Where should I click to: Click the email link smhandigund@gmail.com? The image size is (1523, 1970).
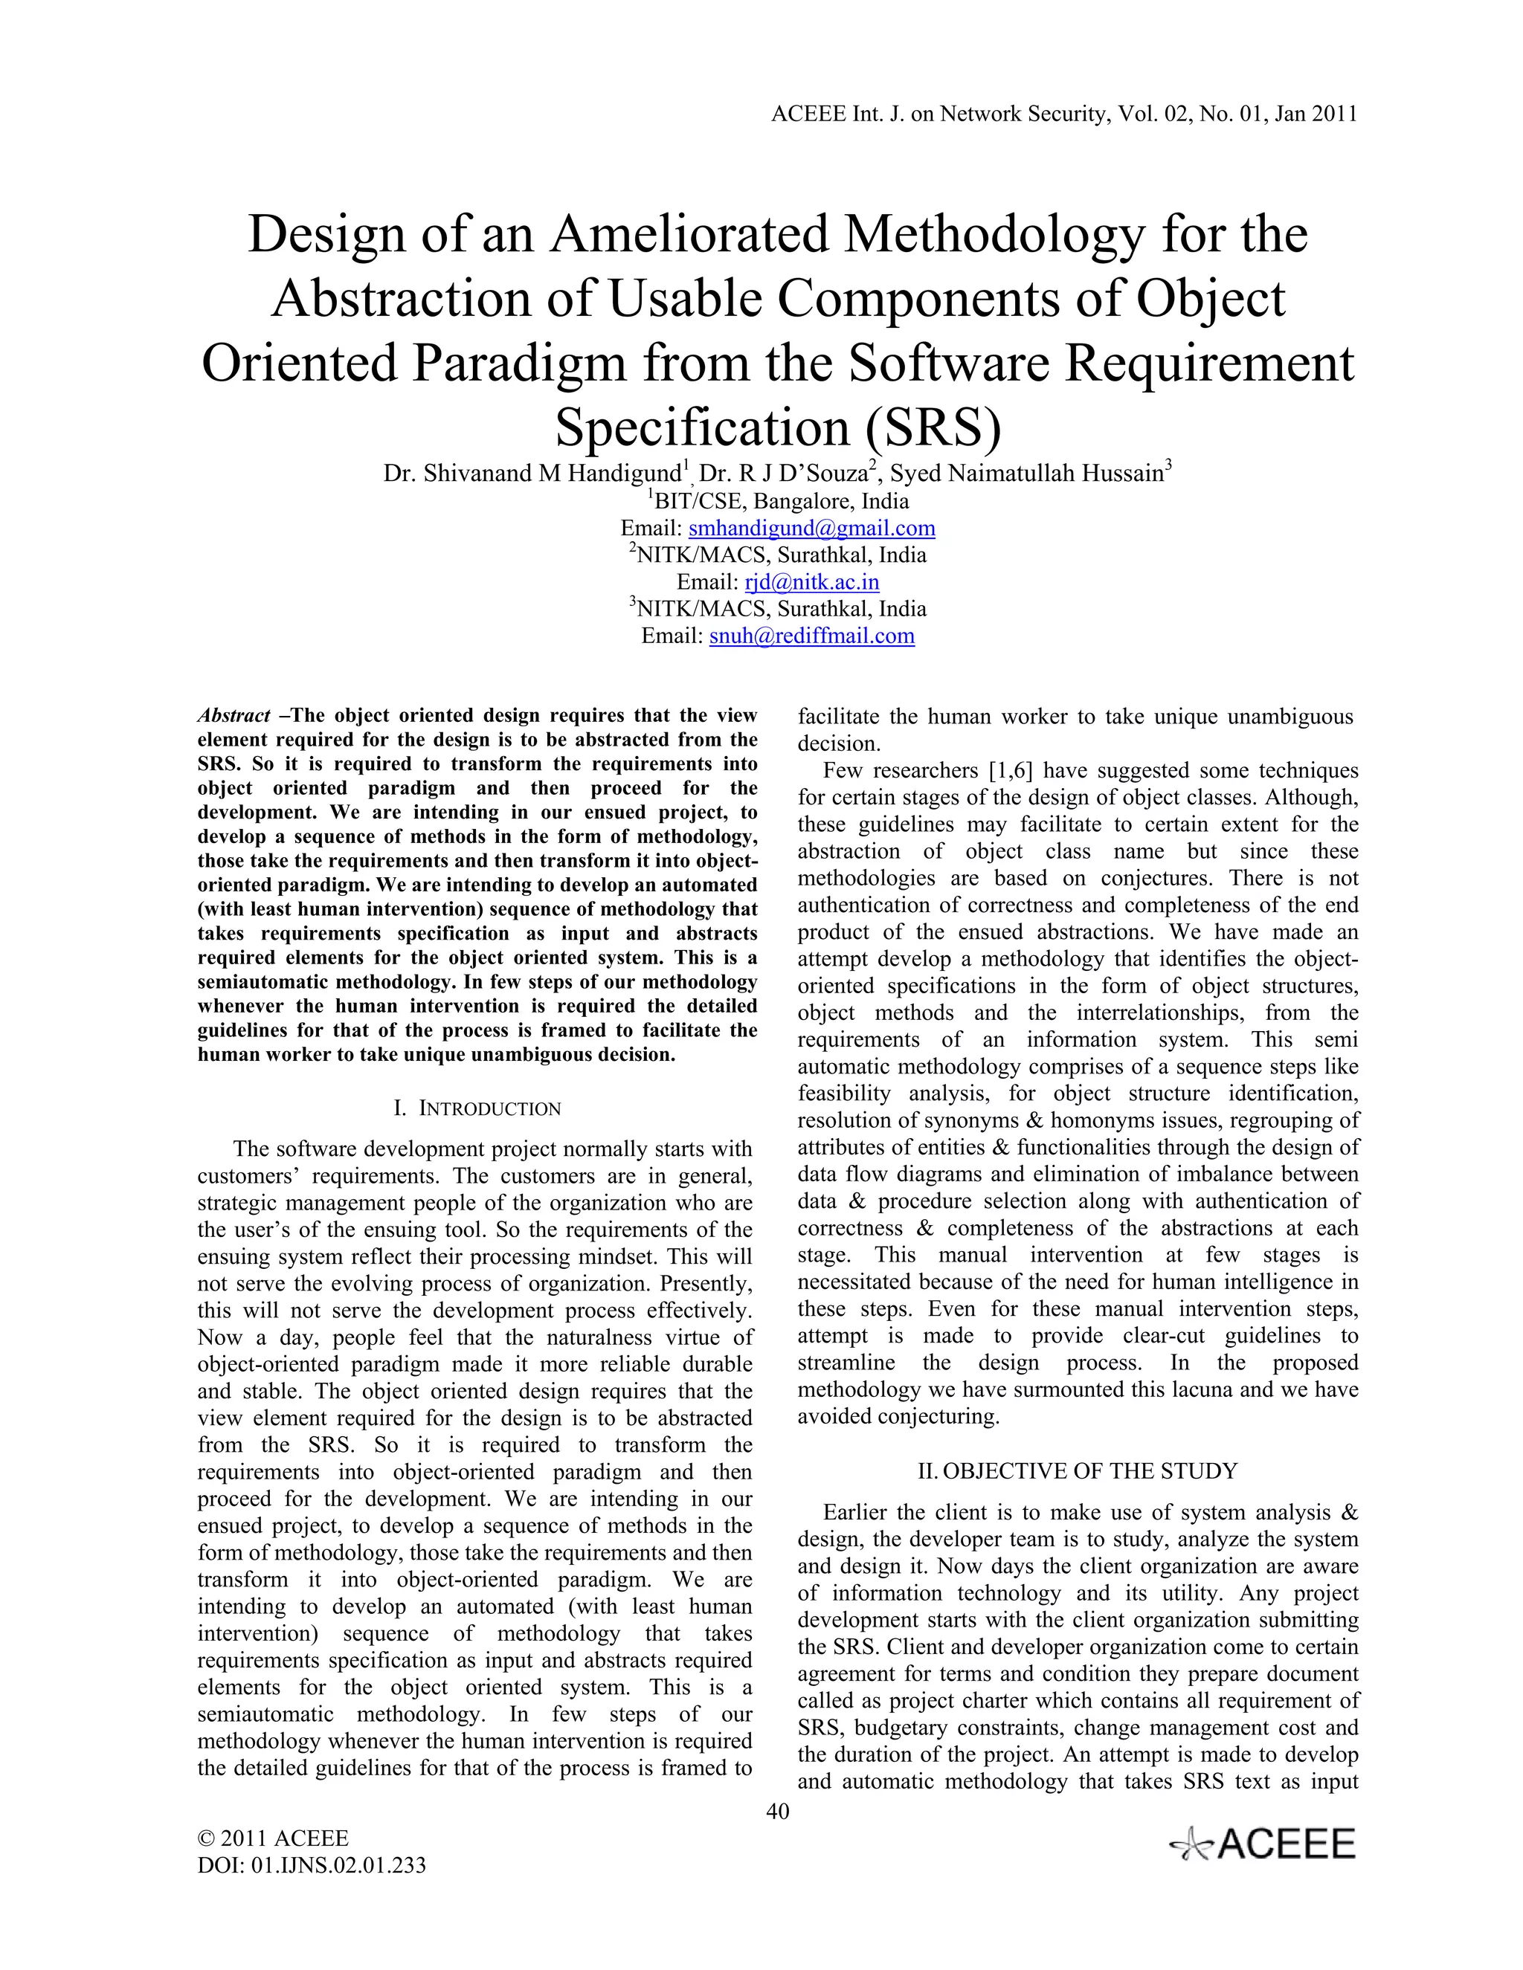pos(811,529)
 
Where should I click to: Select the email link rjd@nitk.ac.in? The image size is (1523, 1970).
pos(812,583)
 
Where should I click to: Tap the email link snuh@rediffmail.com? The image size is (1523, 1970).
pos(811,637)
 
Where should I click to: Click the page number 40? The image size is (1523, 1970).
pos(777,1812)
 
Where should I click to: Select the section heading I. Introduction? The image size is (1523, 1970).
pos(477,1108)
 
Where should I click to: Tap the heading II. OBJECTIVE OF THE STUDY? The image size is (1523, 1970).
pos(1078,1471)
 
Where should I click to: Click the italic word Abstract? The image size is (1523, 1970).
pos(234,716)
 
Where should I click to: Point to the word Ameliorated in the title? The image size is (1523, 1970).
pos(689,234)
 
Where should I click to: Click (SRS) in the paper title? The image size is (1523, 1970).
pos(933,427)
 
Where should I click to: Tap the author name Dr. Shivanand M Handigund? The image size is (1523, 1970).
pos(532,474)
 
